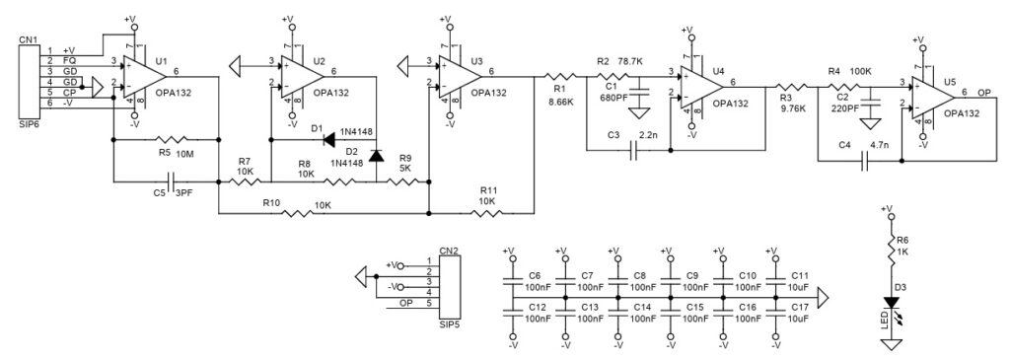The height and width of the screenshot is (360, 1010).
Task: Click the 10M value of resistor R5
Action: pyautogui.click(x=188, y=154)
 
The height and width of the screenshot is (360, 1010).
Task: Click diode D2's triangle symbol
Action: pyautogui.click(x=376, y=155)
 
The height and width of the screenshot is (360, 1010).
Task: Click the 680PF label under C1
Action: pyautogui.click(x=613, y=97)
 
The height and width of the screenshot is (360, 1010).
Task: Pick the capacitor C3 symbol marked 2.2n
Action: pyautogui.click(x=636, y=151)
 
